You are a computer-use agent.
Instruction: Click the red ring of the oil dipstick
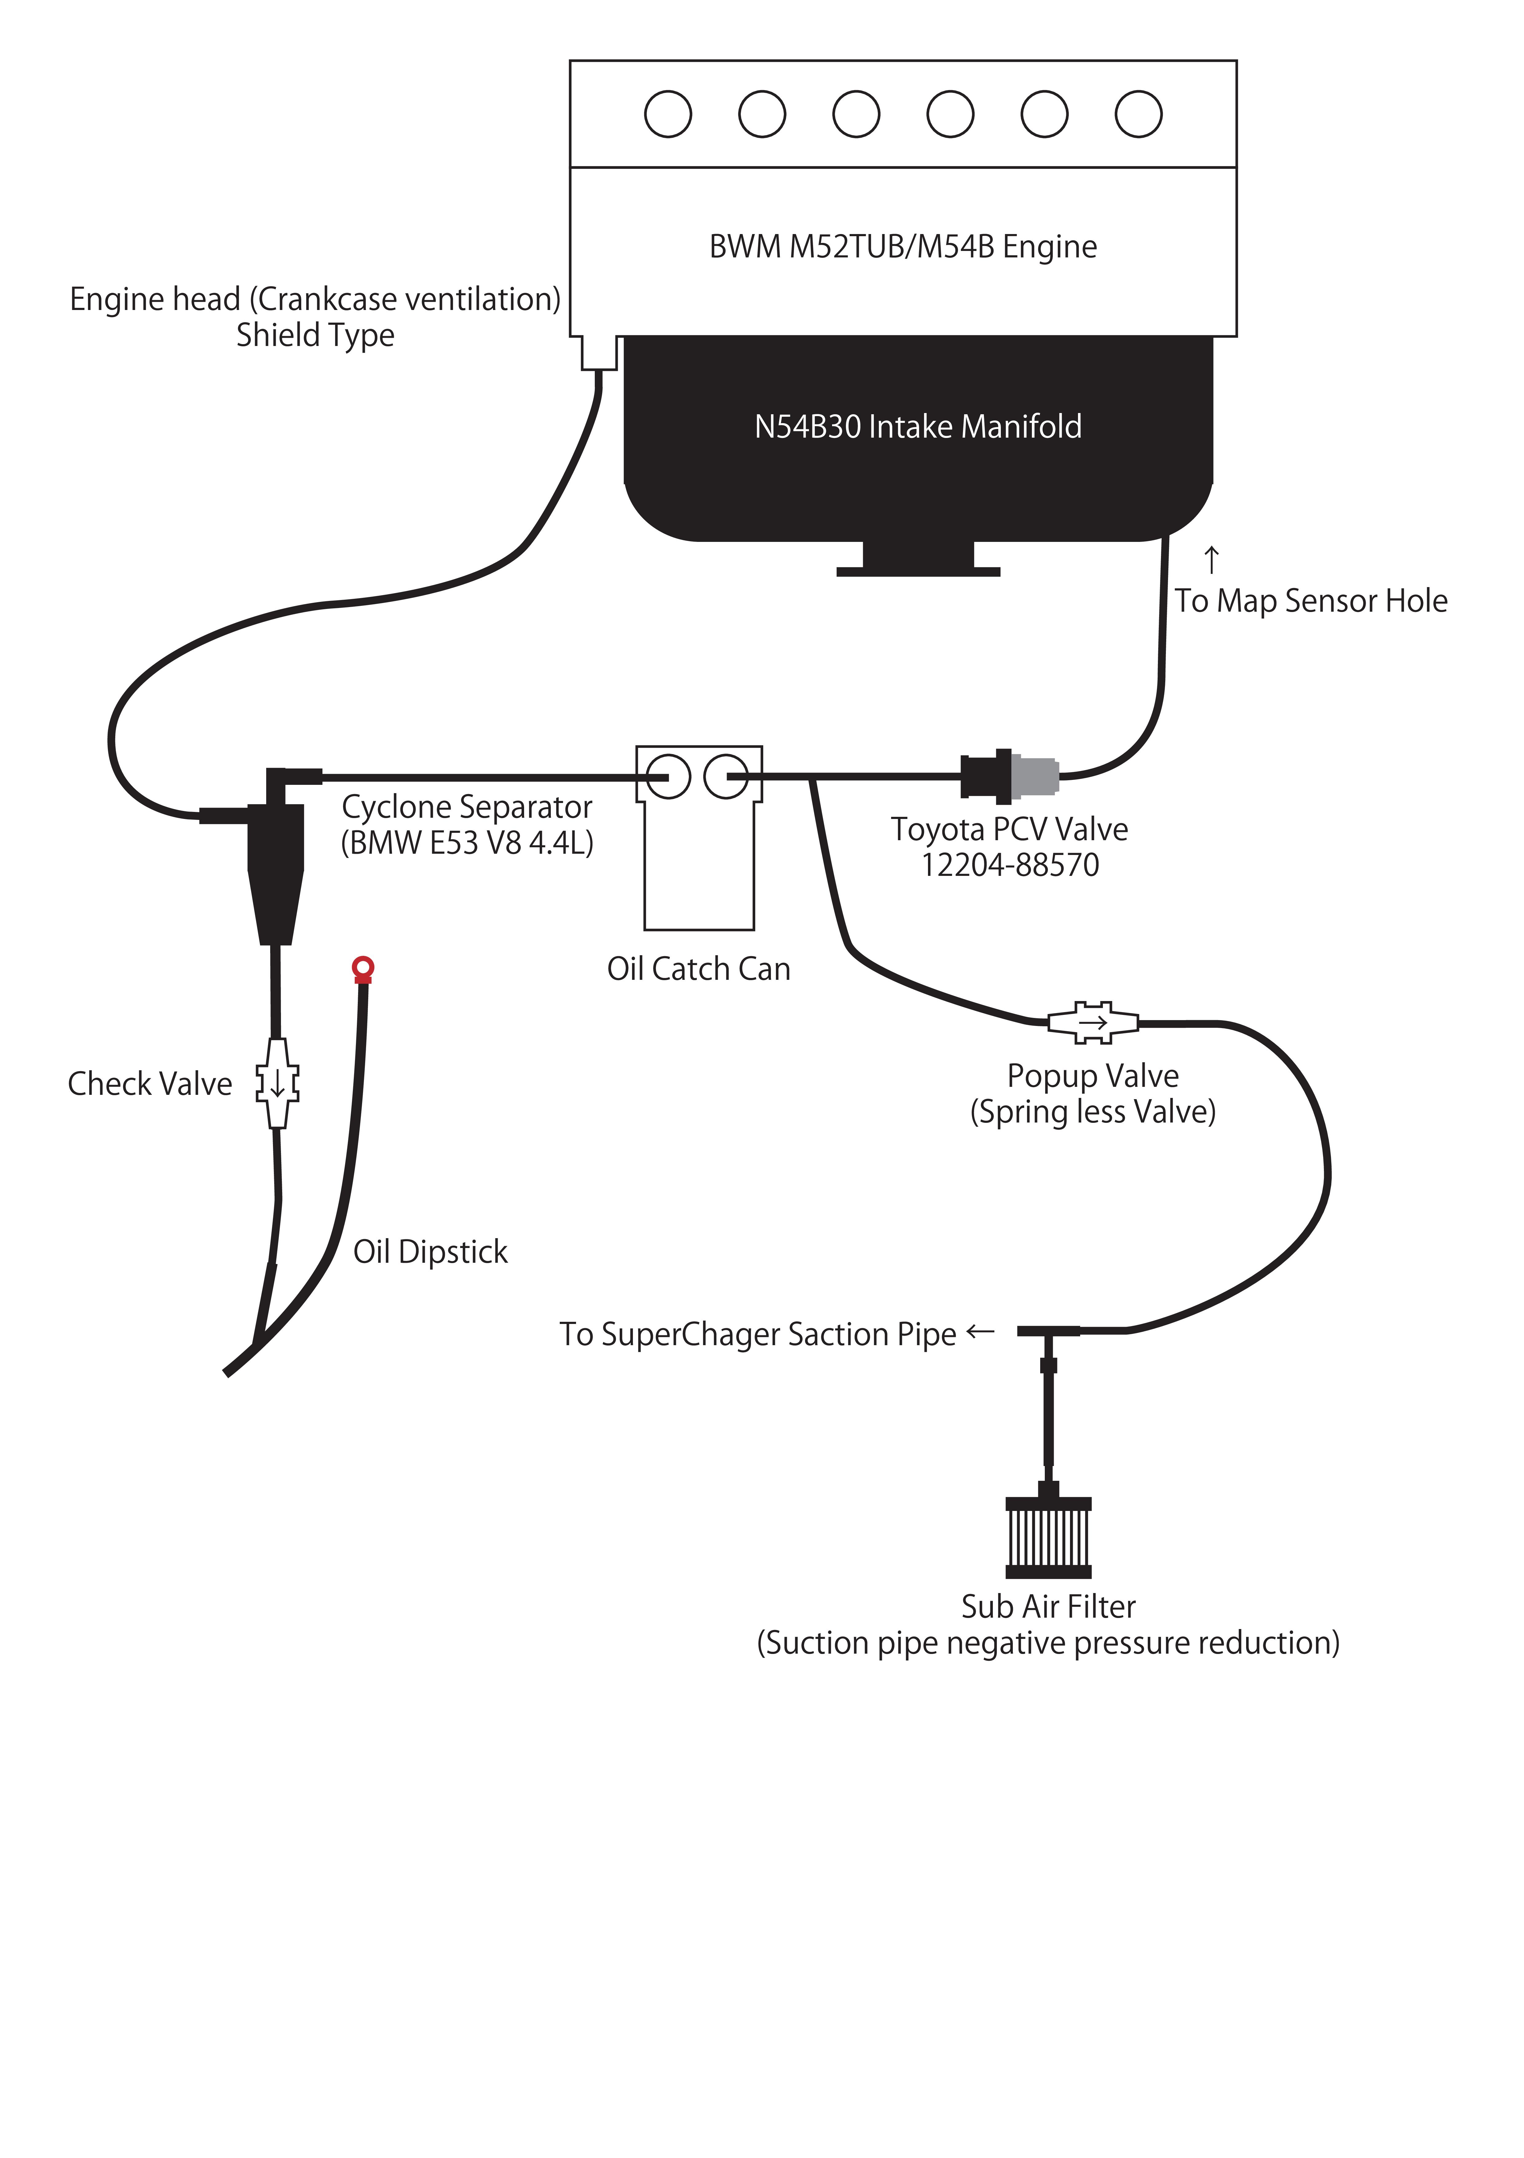coord(363,966)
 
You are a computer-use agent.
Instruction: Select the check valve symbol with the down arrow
coord(277,1083)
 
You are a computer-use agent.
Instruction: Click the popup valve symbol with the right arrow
coord(1093,1023)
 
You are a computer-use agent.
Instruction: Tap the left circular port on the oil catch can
coord(668,776)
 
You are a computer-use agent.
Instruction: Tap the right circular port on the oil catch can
coord(726,776)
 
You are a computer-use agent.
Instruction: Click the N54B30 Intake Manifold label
coord(918,427)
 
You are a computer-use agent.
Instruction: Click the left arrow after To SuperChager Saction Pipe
coord(980,1331)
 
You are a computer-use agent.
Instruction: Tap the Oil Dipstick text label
coord(430,1252)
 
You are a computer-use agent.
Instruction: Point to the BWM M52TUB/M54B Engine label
coord(903,246)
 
